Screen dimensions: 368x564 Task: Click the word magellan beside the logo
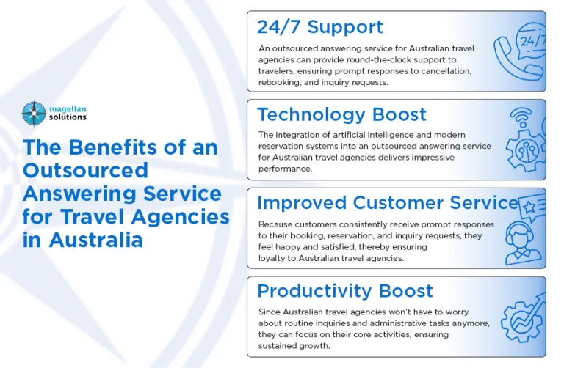pos(68,108)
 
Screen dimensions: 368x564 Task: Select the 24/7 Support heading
pos(319,27)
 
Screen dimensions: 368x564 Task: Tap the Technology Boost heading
pos(341,114)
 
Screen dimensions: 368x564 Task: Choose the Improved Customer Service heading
pos(387,202)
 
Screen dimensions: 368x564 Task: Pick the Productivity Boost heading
pos(345,290)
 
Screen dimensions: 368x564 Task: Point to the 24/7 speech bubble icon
pos(532,41)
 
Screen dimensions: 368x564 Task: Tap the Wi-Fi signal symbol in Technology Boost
pos(520,117)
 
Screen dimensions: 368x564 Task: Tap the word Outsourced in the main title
pos(85,170)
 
